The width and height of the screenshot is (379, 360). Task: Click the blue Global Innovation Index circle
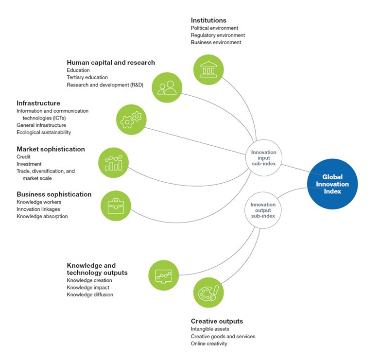tap(332, 184)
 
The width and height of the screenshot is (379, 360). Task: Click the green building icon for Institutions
tap(208, 70)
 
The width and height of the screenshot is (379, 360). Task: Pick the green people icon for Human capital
tap(167, 87)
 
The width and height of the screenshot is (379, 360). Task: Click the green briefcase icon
tap(116, 205)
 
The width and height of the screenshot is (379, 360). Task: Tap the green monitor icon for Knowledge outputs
tap(164, 275)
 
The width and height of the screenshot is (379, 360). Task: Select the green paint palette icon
tap(209, 292)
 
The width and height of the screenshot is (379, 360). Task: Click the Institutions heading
tap(208, 20)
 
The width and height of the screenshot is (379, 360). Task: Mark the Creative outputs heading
tap(217, 321)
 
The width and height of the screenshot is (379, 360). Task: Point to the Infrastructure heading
tap(38, 103)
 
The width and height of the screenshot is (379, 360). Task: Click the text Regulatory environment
tap(218, 35)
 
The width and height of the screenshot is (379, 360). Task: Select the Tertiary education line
tap(87, 77)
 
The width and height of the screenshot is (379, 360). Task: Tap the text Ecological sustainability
tap(44, 132)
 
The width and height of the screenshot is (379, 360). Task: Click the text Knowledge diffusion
tap(90, 294)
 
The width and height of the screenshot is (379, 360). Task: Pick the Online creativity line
tap(209, 343)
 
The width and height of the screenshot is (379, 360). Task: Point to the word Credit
tap(24, 157)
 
